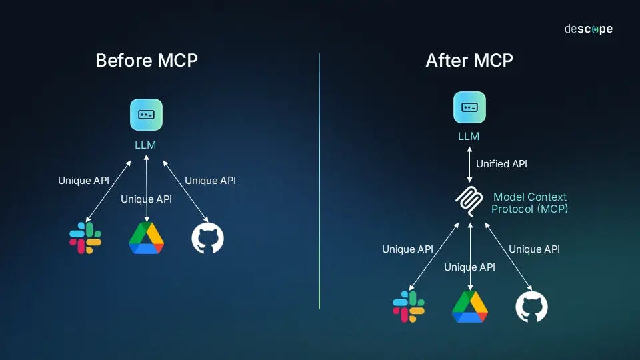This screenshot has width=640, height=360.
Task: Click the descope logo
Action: click(x=588, y=29)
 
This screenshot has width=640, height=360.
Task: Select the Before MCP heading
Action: click(x=147, y=61)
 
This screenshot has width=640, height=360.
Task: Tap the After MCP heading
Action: click(x=469, y=61)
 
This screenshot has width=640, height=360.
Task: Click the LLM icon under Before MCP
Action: click(x=146, y=115)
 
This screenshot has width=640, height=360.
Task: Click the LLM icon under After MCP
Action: click(x=469, y=107)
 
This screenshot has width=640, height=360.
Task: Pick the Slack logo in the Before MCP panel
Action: click(x=85, y=239)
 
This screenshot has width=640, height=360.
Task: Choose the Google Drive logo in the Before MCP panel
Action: click(x=146, y=238)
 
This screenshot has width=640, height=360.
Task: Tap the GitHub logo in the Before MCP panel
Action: click(x=207, y=239)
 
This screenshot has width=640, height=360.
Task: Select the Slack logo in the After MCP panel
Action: click(x=409, y=307)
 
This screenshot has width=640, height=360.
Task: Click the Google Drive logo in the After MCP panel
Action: click(x=470, y=307)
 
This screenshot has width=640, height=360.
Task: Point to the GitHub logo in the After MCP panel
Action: click(x=531, y=307)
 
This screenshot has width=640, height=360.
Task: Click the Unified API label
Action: click(x=501, y=163)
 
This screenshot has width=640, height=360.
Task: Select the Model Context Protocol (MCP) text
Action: click(x=530, y=203)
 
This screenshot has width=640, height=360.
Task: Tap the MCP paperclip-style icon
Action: click(x=469, y=202)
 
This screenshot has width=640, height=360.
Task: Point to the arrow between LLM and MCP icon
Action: click(x=469, y=163)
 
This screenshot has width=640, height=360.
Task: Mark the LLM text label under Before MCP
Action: click(x=145, y=145)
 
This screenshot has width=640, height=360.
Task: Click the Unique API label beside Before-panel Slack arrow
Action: click(x=83, y=181)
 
